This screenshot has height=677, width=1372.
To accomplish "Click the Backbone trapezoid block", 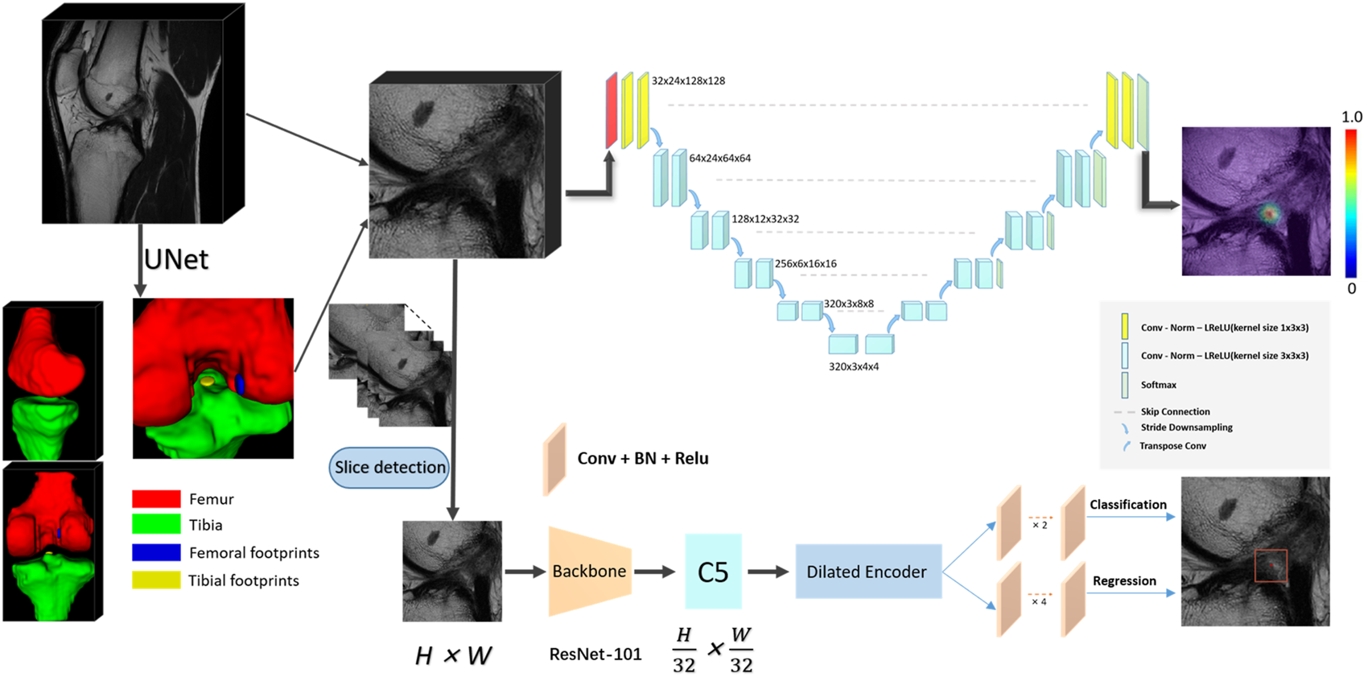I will click(x=589, y=572).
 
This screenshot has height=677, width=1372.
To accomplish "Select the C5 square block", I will click(x=713, y=572).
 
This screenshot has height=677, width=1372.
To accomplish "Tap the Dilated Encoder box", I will click(x=867, y=572).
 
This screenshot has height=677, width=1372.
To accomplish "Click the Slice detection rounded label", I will click(x=389, y=468).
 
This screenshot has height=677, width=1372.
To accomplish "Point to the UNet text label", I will click(x=175, y=259).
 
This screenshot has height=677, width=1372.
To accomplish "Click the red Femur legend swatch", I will click(x=156, y=499).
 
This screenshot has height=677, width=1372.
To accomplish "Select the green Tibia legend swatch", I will click(x=156, y=525).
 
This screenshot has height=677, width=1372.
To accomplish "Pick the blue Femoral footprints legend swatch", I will click(x=156, y=553).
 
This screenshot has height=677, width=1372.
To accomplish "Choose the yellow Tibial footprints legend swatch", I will click(x=156, y=580).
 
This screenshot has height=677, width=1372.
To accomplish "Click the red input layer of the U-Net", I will click(x=612, y=111).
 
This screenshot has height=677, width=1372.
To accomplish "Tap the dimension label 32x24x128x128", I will click(x=688, y=81).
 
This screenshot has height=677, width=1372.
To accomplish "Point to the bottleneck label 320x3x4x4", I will click(x=853, y=367).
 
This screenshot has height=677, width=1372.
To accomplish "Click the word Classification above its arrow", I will click(x=1127, y=505).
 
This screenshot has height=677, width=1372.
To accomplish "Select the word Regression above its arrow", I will click(x=1124, y=581).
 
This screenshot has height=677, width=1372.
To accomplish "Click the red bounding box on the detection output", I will click(x=1271, y=566).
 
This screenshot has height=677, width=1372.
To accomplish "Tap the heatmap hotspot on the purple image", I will click(x=1269, y=213).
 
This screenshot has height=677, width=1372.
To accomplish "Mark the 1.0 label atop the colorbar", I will click(x=1352, y=118).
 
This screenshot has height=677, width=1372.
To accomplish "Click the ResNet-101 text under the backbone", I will click(x=595, y=654).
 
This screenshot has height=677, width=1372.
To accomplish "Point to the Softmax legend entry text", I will click(x=1158, y=386).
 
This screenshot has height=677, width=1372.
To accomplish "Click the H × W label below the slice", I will click(x=453, y=656).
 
